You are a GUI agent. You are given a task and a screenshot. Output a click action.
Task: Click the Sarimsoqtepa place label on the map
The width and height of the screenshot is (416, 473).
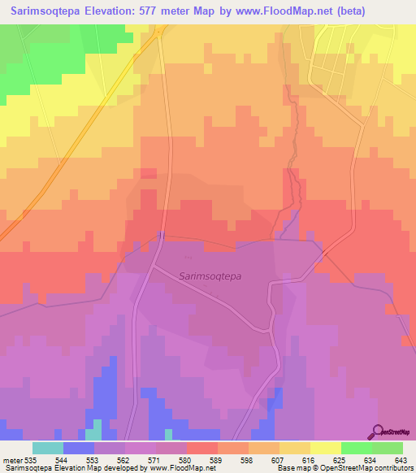[x=210, y=276]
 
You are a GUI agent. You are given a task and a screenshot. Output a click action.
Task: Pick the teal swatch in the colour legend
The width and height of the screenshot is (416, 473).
[x=48, y=448]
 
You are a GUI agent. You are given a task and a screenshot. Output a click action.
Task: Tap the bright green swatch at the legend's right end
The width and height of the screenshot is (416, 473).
[x=387, y=448]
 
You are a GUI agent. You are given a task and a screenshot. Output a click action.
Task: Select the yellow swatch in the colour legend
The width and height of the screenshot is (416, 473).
[x=325, y=448]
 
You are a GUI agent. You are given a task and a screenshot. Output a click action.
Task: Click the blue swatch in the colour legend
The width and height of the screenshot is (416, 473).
[x=79, y=448]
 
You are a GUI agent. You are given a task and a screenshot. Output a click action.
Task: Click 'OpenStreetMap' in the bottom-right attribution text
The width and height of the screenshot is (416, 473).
[x=350, y=468]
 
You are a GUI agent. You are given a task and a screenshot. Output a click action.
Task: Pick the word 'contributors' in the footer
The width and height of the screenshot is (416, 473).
[x=396, y=468]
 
